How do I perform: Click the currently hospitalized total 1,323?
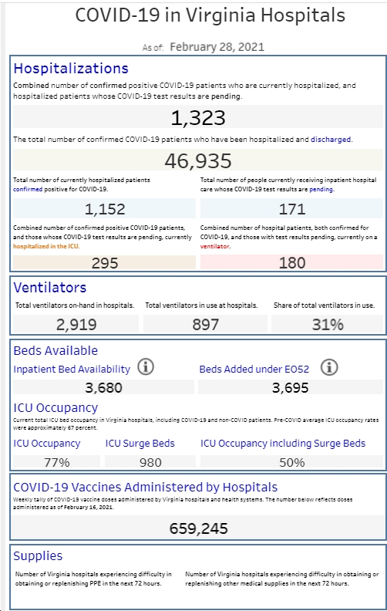click(198, 118)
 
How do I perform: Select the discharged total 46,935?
click(198, 161)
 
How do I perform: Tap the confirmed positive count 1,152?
click(105, 209)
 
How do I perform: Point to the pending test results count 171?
click(292, 209)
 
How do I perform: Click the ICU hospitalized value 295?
click(105, 263)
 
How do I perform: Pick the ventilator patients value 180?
click(292, 263)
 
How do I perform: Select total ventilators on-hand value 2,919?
click(76, 325)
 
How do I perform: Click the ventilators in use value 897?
click(206, 325)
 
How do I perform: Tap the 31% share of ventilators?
click(328, 325)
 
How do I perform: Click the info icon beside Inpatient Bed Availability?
click(146, 367)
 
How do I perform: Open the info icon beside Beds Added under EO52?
click(329, 367)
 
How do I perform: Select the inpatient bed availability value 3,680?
click(103, 388)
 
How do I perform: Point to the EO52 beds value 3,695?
click(291, 388)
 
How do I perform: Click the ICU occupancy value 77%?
click(57, 462)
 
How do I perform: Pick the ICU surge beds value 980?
click(150, 462)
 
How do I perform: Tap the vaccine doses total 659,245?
click(199, 528)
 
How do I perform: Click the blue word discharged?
click(331, 139)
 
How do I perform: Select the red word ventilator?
click(214, 246)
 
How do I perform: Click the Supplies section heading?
click(38, 556)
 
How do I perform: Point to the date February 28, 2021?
click(217, 47)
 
